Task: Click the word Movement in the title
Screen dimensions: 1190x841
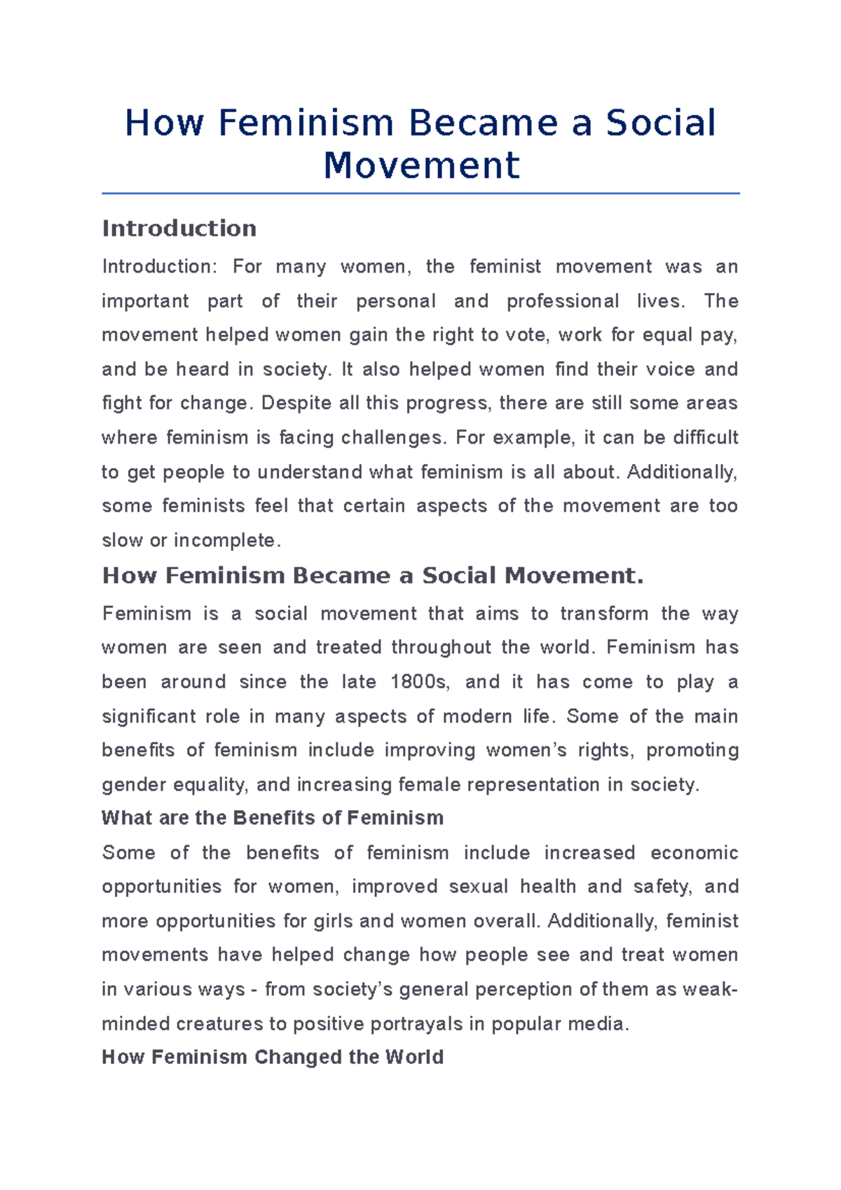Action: click(x=421, y=165)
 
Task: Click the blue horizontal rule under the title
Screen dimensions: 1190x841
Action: click(x=420, y=193)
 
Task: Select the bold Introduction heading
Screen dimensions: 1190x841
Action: click(x=179, y=228)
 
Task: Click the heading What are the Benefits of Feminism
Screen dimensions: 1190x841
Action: click(x=273, y=818)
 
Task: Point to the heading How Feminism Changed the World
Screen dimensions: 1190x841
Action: click(x=273, y=1057)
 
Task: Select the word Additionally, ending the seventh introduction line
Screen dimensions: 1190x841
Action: click(x=682, y=472)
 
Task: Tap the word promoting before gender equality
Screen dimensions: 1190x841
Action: click(x=692, y=751)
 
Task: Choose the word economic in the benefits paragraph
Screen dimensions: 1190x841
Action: click(x=694, y=853)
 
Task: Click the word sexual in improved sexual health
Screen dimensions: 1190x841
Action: click(x=478, y=887)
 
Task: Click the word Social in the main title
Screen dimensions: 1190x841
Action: click(x=660, y=123)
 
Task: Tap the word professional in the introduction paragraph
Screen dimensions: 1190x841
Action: click(x=563, y=301)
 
